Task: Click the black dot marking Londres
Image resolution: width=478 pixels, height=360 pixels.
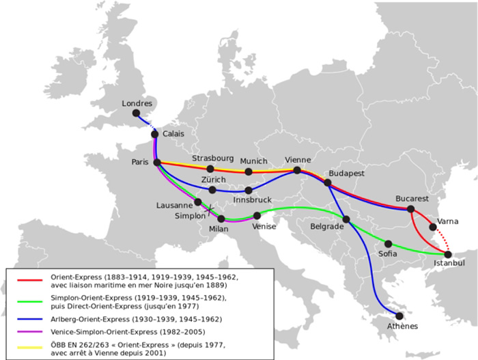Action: point(136,113)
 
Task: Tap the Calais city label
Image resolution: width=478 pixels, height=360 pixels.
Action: point(174,135)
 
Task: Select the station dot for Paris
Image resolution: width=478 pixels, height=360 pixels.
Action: point(157,163)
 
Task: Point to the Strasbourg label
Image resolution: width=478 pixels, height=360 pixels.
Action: point(212,158)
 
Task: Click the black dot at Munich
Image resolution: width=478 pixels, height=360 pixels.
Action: point(248,171)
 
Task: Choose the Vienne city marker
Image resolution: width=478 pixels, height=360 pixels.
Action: point(297,170)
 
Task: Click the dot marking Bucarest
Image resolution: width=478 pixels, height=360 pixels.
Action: point(410,209)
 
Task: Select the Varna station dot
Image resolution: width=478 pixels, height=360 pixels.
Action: point(433,227)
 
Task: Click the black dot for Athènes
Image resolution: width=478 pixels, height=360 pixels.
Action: point(399,316)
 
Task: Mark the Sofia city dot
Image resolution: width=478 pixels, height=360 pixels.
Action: point(389,243)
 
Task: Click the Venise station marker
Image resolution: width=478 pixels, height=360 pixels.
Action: point(257,216)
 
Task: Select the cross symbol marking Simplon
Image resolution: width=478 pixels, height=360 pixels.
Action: point(209,208)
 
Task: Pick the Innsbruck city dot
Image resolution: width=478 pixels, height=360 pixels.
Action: point(248,190)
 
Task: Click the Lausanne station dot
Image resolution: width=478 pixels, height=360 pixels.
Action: point(198,202)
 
